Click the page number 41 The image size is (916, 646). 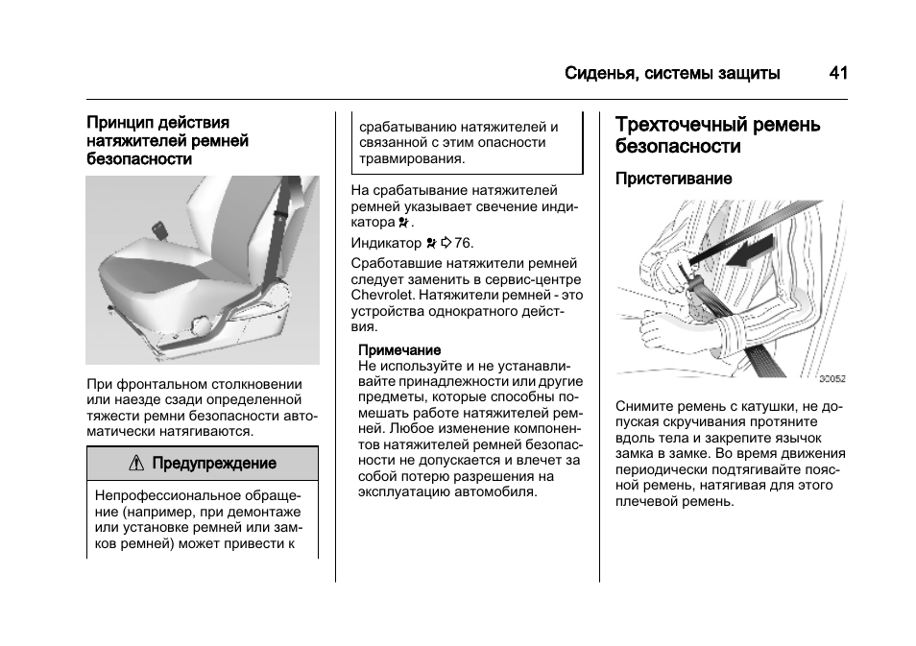tap(837, 74)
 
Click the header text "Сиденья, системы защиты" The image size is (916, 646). tap(672, 74)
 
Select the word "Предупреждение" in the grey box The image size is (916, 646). tap(213, 464)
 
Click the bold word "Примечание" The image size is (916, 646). tap(399, 350)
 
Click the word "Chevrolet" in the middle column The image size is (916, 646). tap(382, 295)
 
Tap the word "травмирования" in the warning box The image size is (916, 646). tap(411, 158)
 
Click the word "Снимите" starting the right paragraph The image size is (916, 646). tap(643, 406)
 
